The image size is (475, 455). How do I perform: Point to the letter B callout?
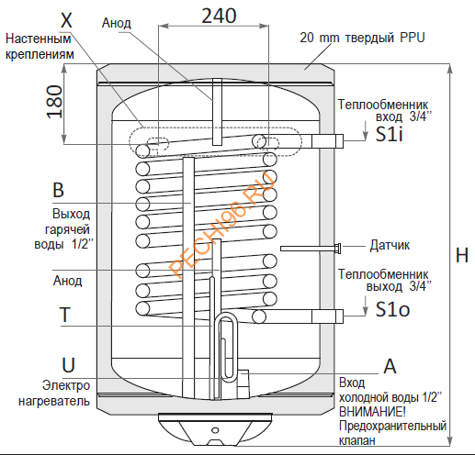59,191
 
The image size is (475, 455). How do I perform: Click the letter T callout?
65,315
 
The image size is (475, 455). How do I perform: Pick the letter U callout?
65,363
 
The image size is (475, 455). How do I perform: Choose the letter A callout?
389,365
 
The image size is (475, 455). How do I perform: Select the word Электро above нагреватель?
65,385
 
